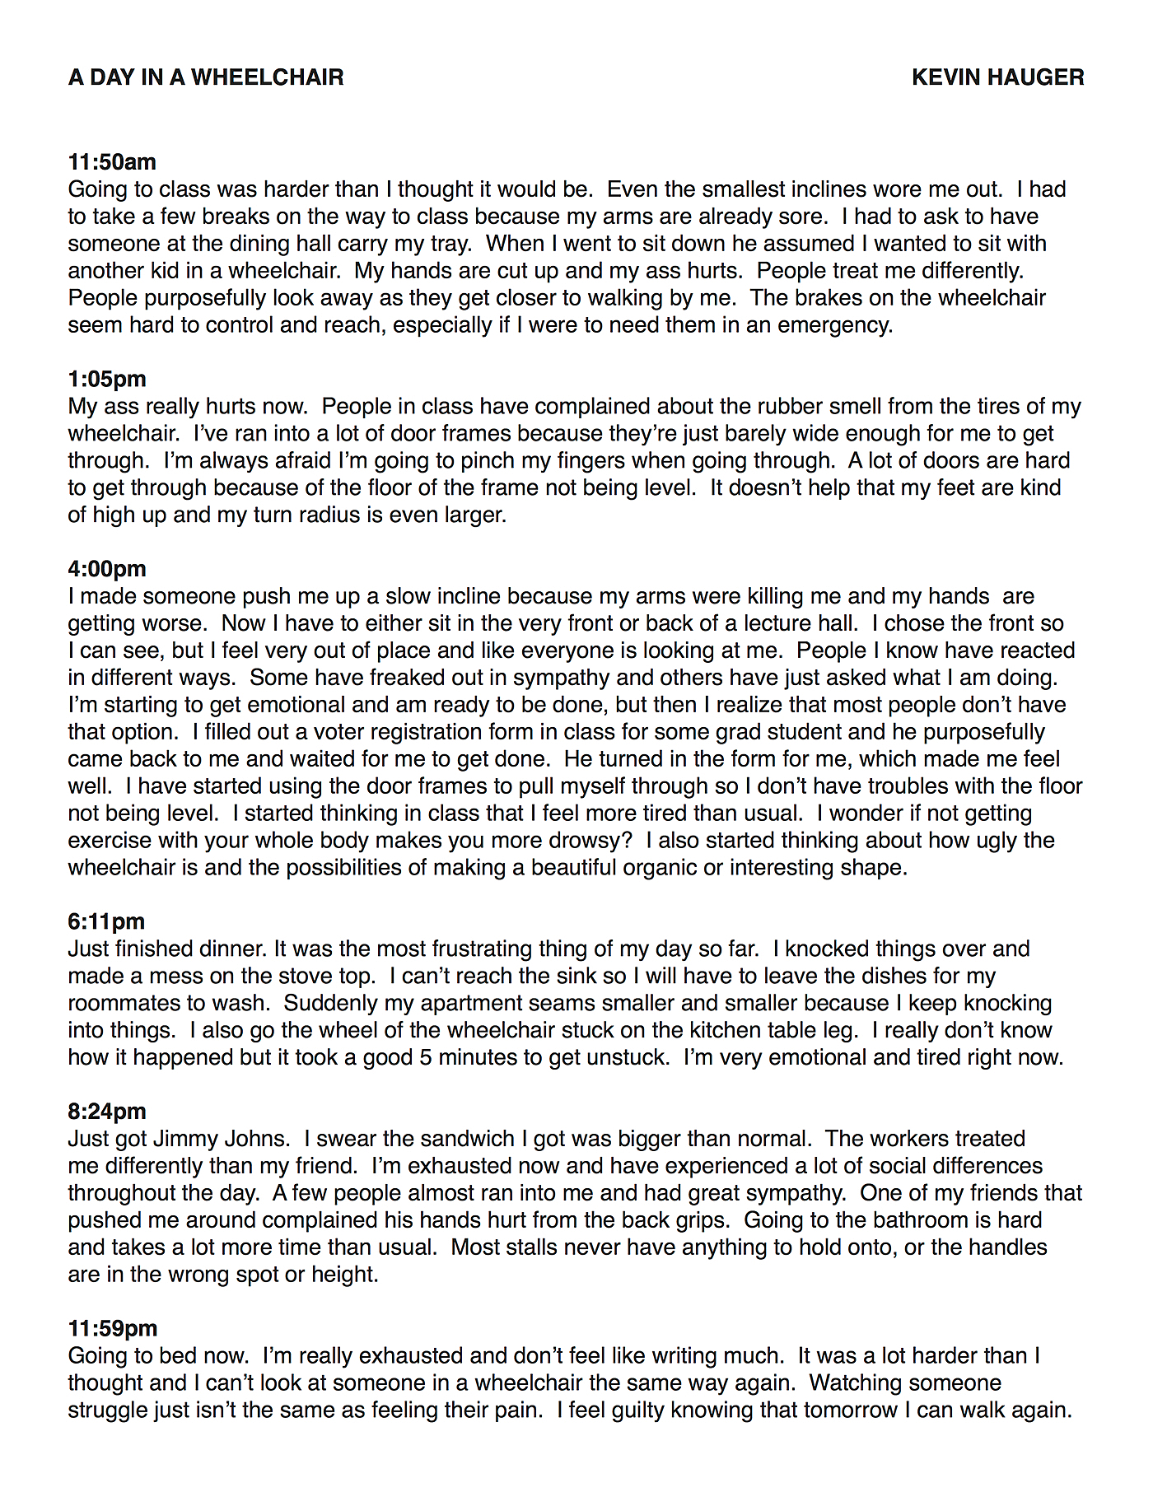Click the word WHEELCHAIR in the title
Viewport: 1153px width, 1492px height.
(x=268, y=77)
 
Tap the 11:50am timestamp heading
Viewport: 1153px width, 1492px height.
(x=112, y=162)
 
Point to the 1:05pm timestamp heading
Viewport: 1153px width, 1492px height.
(x=107, y=380)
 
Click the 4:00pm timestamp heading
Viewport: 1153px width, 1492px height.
(x=107, y=569)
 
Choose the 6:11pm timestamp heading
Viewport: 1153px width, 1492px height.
(x=106, y=922)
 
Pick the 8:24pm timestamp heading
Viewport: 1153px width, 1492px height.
(x=107, y=1112)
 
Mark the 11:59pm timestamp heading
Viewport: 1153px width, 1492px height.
(x=113, y=1329)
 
